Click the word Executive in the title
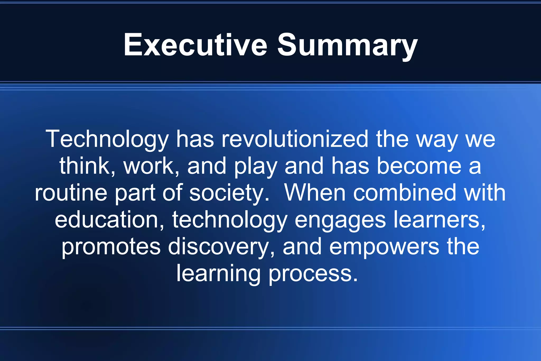(x=195, y=45)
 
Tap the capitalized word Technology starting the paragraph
(x=107, y=139)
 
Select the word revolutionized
(x=295, y=139)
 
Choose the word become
(x=419, y=166)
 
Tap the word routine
(x=71, y=193)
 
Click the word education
(x=107, y=220)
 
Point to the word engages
(x=340, y=220)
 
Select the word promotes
(x=111, y=247)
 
